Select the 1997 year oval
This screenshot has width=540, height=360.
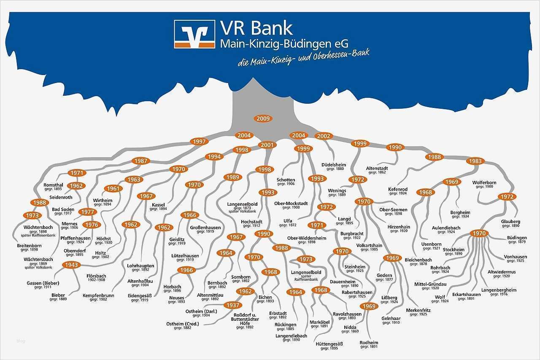(200, 142)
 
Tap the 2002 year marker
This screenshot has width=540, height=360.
(324, 136)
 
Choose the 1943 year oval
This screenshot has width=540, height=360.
(71, 265)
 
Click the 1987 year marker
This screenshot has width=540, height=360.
(141, 161)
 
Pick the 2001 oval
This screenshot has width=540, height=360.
(267, 145)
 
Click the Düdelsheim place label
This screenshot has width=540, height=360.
(333, 165)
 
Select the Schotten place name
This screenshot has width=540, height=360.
(286, 180)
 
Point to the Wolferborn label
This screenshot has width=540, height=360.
(484, 183)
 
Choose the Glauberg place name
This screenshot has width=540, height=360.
(510, 221)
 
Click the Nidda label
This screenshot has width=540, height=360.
(350, 327)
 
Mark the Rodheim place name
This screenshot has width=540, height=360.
(369, 342)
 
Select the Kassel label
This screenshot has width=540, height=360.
(159, 205)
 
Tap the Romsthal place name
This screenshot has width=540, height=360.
(53, 185)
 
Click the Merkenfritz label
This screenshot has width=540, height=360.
(418, 310)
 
